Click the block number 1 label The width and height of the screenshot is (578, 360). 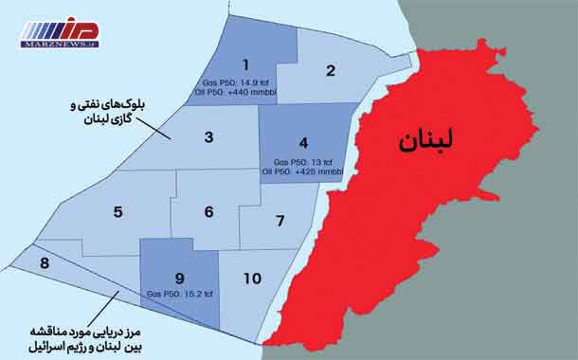pyautogui.click(x=245, y=64)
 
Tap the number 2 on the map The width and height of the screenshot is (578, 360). pyautogui.click(x=332, y=70)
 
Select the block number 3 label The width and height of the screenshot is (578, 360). pyautogui.click(x=208, y=137)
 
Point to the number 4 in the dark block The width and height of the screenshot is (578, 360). pyautogui.click(x=303, y=144)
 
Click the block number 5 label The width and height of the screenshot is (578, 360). pyautogui.click(x=117, y=211)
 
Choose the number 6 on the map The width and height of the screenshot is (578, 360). pyautogui.click(x=208, y=211)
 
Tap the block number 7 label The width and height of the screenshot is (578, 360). pyautogui.click(x=280, y=221)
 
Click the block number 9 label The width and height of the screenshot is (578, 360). pyautogui.click(x=179, y=278)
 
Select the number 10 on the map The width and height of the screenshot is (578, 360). pyautogui.click(x=252, y=279)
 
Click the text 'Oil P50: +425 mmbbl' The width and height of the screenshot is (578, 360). pyautogui.click(x=303, y=171)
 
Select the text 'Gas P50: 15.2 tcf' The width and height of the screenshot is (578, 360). pyautogui.click(x=180, y=295)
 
